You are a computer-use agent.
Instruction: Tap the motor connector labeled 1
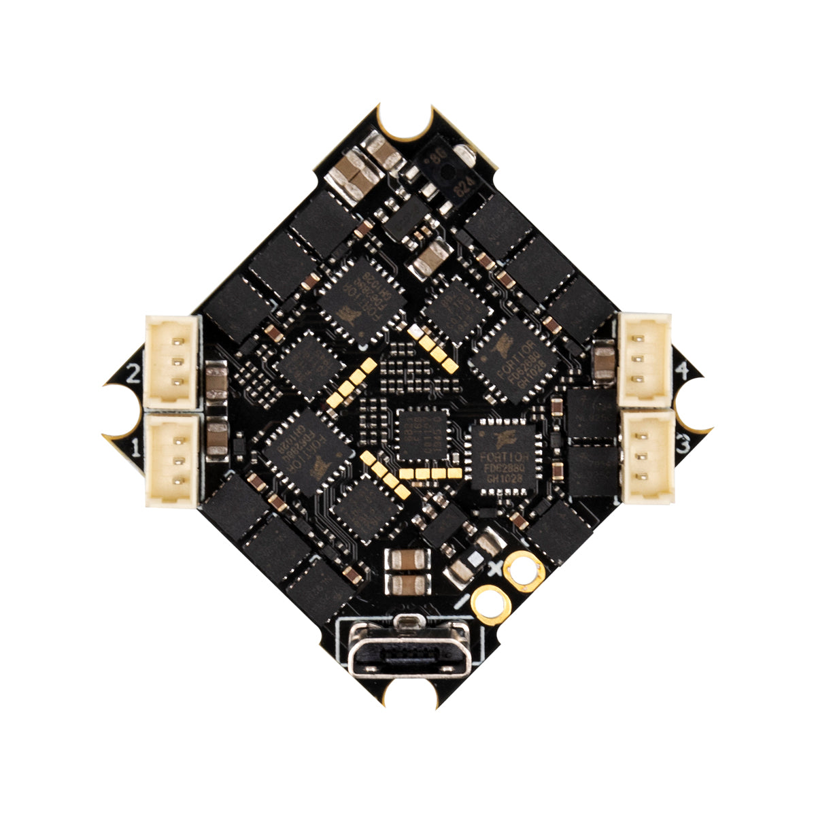(x=172, y=460)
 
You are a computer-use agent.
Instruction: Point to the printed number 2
(x=133, y=372)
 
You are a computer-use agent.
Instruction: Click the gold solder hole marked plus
(x=524, y=567)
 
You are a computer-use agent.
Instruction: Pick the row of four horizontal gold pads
(x=429, y=472)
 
